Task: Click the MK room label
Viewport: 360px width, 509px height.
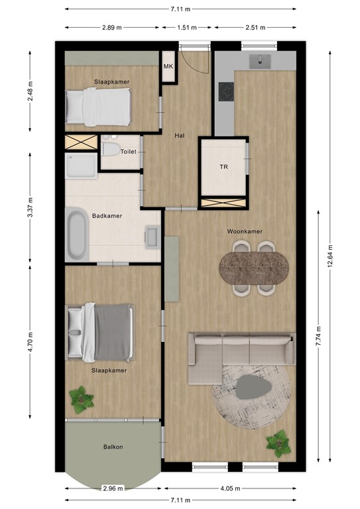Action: (x=168, y=67)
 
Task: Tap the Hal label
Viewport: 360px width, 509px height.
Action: (x=179, y=136)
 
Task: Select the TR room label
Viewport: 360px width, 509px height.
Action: (x=224, y=167)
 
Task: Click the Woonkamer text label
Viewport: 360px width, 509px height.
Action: (x=245, y=231)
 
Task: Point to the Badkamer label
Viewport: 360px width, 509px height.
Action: (x=106, y=215)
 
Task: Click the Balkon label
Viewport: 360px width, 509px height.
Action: (x=113, y=447)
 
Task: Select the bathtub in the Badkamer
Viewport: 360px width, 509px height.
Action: (x=76, y=236)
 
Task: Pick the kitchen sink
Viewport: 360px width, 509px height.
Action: (x=259, y=62)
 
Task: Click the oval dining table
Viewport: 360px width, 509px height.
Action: (x=255, y=267)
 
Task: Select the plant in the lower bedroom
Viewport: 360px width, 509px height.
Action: (x=82, y=400)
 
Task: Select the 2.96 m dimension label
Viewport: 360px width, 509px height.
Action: (x=112, y=489)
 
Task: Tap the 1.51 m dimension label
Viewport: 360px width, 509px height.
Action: (x=186, y=28)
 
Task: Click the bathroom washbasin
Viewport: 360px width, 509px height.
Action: (x=152, y=236)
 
